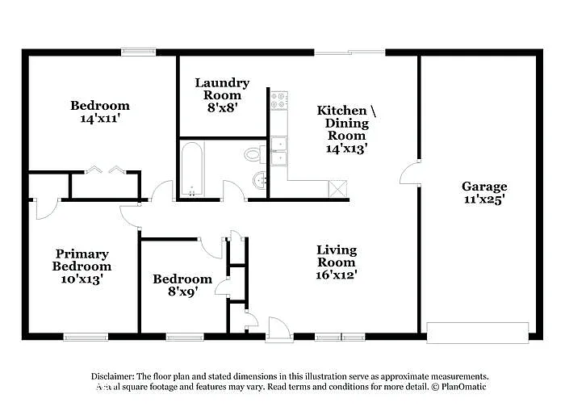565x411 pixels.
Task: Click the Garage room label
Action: (484, 193)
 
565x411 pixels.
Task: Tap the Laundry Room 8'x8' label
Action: (222, 94)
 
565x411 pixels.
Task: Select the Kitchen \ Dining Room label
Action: (346, 129)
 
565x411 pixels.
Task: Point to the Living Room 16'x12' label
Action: (336, 262)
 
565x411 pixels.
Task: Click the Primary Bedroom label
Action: (82, 266)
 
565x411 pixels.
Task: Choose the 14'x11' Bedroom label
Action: (99, 111)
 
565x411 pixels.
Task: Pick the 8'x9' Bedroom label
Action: (182, 285)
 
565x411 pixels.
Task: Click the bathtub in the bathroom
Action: (192, 169)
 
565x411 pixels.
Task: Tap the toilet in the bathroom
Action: (253, 153)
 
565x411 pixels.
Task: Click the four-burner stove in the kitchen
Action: (279, 100)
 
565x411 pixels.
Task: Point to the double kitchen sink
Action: (279, 151)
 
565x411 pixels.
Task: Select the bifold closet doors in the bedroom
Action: (105, 170)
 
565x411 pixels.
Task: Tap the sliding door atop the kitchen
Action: (349, 52)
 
